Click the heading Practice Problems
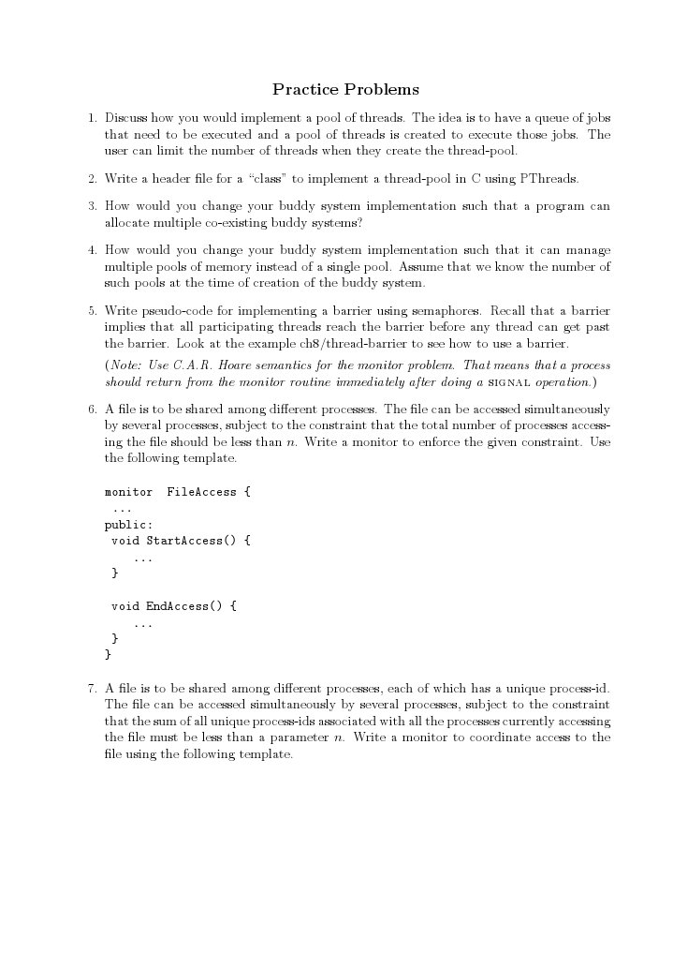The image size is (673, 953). [x=345, y=90]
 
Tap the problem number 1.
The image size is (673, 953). [x=92, y=119]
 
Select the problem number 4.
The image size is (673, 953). [x=92, y=251]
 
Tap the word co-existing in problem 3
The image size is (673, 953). [x=236, y=223]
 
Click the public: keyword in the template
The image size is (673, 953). [x=128, y=525]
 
